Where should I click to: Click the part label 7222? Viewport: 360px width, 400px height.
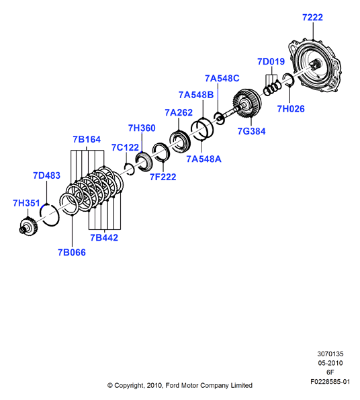pyautogui.click(x=312, y=17)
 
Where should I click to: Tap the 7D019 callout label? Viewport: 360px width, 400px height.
pyautogui.click(x=271, y=61)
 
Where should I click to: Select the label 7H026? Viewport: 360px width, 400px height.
pyautogui.click(x=291, y=109)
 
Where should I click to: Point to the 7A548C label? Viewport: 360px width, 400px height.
pyautogui.click(x=222, y=78)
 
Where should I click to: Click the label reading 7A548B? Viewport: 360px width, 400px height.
pyautogui.click(x=196, y=95)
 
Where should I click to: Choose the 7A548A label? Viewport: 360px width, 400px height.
pyautogui.click(x=204, y=159)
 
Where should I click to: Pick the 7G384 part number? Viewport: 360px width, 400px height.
pyautogui.click(x=251, y=131)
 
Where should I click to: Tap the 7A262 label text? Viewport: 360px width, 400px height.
pyautogui.click(x=179, y=112)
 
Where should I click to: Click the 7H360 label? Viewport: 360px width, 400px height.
pyautogui.click(x=142, y=128)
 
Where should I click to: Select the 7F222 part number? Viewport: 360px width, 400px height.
pyautogui.click(x=163, y=177)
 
